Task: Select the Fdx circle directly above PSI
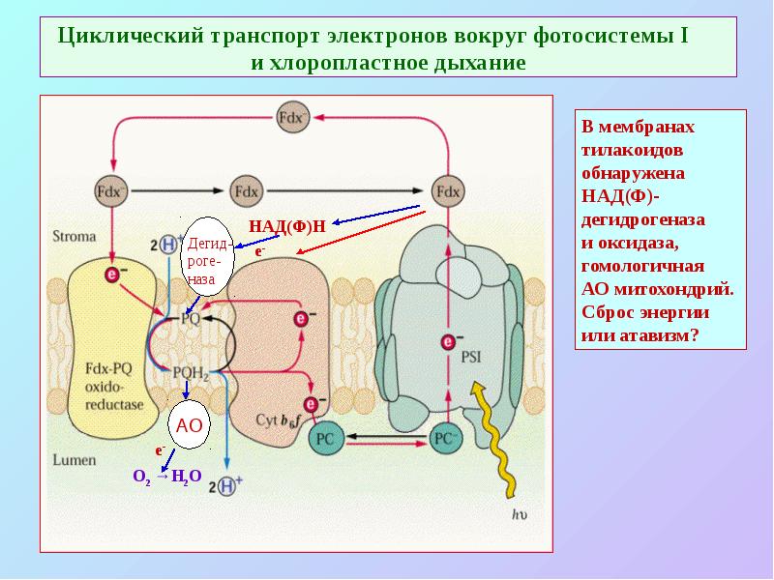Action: (449, 190)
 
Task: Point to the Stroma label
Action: (72, 234)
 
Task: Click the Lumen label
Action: (73, 461)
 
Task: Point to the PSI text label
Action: (471, 355)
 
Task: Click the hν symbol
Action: (520, 514)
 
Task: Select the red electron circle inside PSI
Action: (448, 341)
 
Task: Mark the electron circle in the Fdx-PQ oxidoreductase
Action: (114, 275)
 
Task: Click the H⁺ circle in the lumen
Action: (226, 486)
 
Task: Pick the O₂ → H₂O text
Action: (165, 476)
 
